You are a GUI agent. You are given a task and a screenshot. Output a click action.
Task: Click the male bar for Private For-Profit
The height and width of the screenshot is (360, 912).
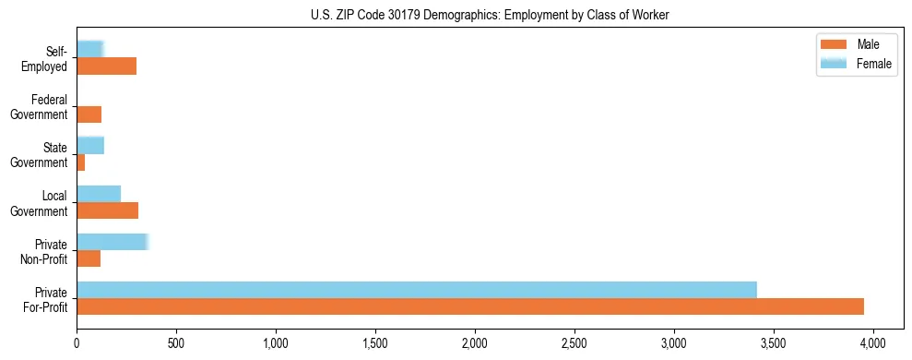point(470,306)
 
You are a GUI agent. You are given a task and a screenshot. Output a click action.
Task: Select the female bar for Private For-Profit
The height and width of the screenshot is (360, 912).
point(417,290)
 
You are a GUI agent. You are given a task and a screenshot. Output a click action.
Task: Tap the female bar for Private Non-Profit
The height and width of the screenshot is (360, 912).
point(112,242)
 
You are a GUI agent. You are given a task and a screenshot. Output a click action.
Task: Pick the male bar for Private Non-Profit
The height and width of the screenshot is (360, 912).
point(89,258)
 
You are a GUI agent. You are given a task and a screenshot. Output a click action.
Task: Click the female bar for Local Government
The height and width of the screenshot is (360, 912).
point(99,194)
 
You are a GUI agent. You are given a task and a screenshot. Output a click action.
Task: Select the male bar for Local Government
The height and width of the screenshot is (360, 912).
point(107,210)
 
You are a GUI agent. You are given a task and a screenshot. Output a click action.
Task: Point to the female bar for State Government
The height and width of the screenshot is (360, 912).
point(90,145)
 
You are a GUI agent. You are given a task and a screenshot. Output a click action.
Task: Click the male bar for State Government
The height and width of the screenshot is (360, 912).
point(81,162)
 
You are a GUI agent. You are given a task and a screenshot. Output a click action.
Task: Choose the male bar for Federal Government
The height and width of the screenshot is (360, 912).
point(89,114)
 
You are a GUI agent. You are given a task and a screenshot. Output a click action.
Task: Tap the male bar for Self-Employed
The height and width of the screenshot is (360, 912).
point(107,66)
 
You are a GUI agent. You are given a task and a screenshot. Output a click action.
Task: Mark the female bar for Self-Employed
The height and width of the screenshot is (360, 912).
point(89,49)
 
